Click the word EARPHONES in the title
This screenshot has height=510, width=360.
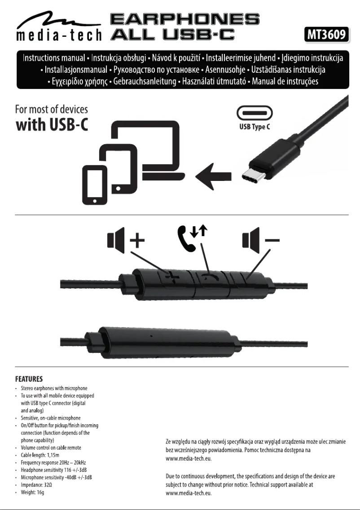[184, 19]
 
